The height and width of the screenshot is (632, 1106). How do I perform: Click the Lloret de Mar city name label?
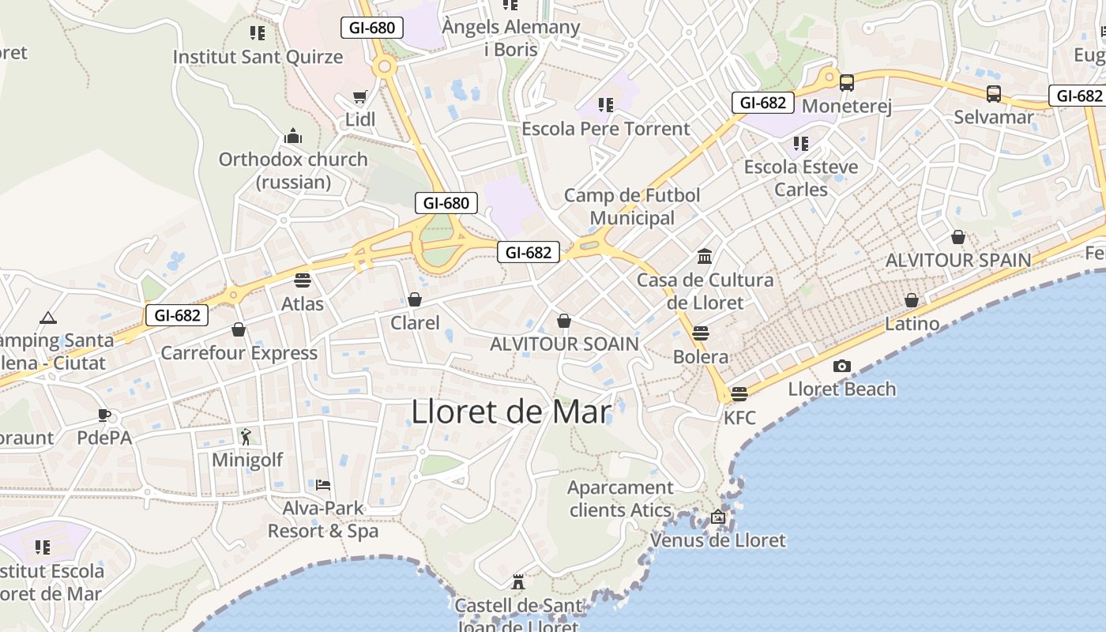[x=511, y=412]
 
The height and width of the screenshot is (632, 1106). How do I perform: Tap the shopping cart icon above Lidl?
[x=360, y=97]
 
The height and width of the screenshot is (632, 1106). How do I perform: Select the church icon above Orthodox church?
[x=293, y=136]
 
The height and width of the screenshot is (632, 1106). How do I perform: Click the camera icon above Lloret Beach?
[x=842, y=366]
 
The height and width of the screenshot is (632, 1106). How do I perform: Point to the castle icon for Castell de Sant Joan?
[x=518, y=582]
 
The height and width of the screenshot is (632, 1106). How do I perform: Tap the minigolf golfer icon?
[x=246, y=436]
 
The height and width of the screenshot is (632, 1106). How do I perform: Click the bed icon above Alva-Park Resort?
[x=322, y=484]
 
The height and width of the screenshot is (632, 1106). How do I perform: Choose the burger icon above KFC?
[x=739, y=393]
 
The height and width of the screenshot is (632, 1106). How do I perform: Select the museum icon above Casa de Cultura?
[x=705, y=256]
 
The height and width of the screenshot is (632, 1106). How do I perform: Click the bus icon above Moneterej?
[x=847, y=82]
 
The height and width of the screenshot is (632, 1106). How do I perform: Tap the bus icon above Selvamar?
[x=994, y=94]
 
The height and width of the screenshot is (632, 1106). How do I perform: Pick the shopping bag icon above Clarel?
[x=415, y=299]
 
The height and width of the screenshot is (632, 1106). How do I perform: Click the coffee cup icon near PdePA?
[x=104, y=415]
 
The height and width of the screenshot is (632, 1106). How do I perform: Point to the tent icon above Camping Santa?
[x=48, y=318]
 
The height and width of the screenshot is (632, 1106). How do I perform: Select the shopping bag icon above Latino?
[x=912, y=300]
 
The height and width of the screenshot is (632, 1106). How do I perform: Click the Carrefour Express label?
[x=239, y=353]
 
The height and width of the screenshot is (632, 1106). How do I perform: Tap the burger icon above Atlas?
[x=302, y=280]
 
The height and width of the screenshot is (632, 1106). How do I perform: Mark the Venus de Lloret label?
[x=718, y=540]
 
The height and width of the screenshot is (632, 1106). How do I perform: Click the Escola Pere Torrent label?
[x=606, y=129]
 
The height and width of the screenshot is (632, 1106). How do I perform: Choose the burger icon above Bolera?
[x=701, y=333]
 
